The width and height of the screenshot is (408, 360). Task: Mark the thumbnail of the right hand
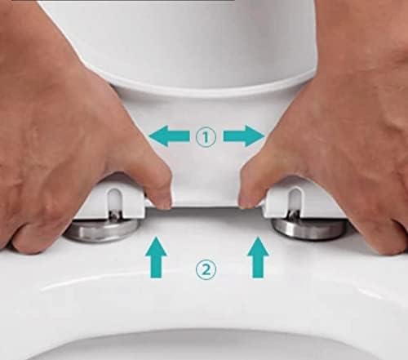pyautogui.click(x=248, y=198)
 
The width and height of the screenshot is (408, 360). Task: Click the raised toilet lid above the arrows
pyautogui.click(x=204, y=41)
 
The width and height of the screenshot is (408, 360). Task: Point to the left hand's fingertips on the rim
pyautogui.click(x=24, y=237)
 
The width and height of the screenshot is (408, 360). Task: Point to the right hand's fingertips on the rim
pyautogui.click(x=384, y=237)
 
